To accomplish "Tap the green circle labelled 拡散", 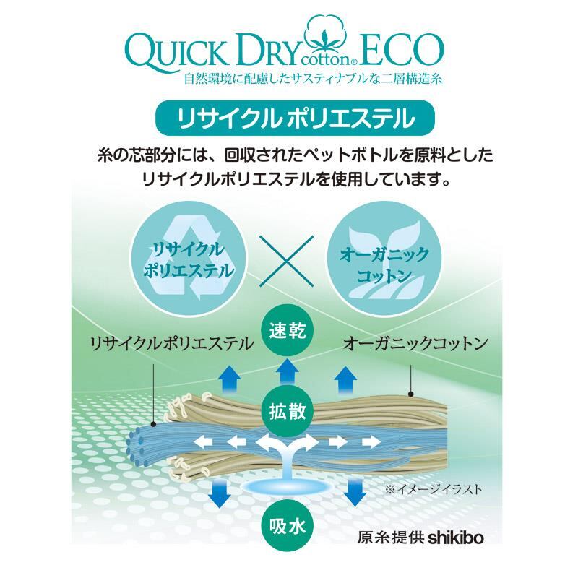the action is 288,414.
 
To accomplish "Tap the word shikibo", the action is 454,538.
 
